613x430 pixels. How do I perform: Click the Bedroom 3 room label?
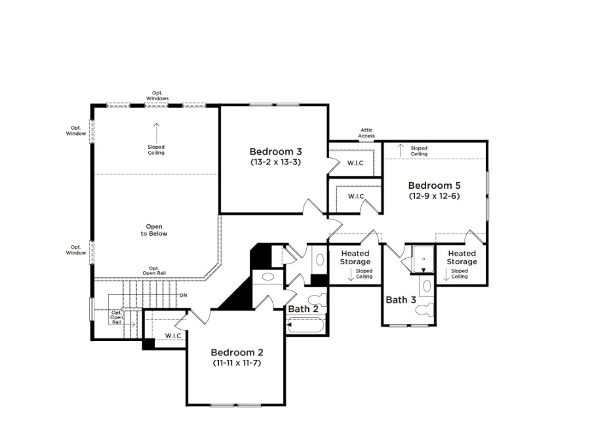(275, 151)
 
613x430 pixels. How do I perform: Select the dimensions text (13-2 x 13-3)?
(275, 162)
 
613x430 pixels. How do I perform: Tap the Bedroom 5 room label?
(434, 186)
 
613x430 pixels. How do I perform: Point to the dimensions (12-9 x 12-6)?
(434, 196)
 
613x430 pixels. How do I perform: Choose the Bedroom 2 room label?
(237, 352)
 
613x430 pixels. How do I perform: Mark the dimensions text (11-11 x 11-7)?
(237, 362)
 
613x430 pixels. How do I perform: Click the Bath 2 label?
(304, 309)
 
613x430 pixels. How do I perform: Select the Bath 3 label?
(401, 300)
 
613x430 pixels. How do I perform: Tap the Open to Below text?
(154, 230)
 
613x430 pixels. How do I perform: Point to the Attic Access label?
(366, 133)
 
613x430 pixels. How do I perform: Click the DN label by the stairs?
(184, 296)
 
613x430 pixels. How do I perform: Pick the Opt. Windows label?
(157, 96)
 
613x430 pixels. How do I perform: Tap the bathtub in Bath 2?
(306, 325)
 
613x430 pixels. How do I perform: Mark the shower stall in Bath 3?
(424, 259)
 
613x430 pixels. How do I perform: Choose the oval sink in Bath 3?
(427, 286)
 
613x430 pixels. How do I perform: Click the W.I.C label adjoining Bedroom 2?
(173, 336)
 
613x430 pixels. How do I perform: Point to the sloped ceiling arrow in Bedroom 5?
(401, 151)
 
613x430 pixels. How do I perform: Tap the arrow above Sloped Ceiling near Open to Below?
(157, 133)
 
